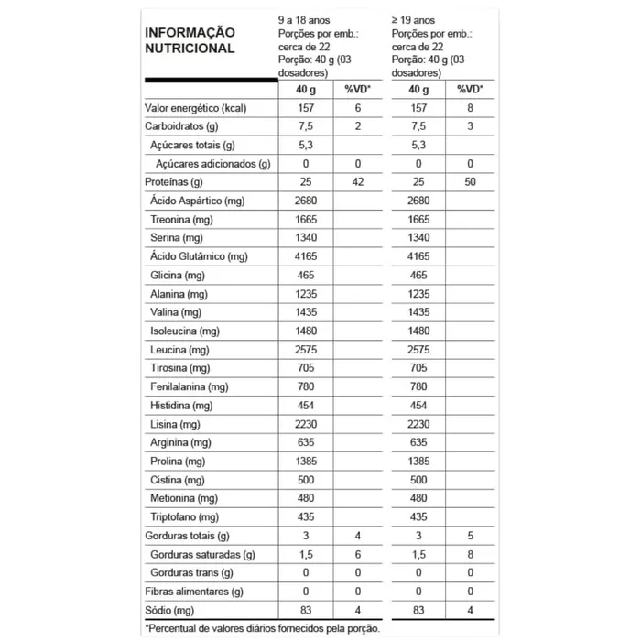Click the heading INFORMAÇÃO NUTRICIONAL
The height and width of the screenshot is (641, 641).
pos(190,40)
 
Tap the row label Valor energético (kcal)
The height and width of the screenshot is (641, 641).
pos(196,108)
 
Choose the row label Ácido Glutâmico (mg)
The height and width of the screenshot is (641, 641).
pos(199,256)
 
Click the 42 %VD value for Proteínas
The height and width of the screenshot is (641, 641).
pos(357,182)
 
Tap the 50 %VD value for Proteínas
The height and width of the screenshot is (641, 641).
pos(470,182)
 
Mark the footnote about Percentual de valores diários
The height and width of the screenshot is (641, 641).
pos(262,628)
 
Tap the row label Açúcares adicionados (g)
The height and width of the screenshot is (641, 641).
pos(212,163)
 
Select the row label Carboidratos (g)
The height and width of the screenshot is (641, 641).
pos(181,126)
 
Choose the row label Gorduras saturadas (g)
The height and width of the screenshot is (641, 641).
pos(201,554)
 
